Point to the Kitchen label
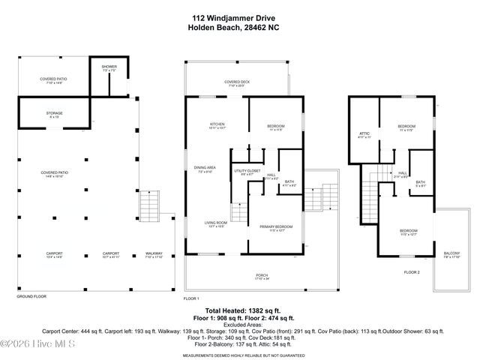[217, 125]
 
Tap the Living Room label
[216, 223]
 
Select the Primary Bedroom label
[276, 226]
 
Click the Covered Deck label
[237, 83]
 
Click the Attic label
[364, 134]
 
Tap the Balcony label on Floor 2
[451, 254]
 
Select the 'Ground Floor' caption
[31, 296]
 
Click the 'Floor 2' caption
[412, 271]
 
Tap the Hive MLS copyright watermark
[34, 344]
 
